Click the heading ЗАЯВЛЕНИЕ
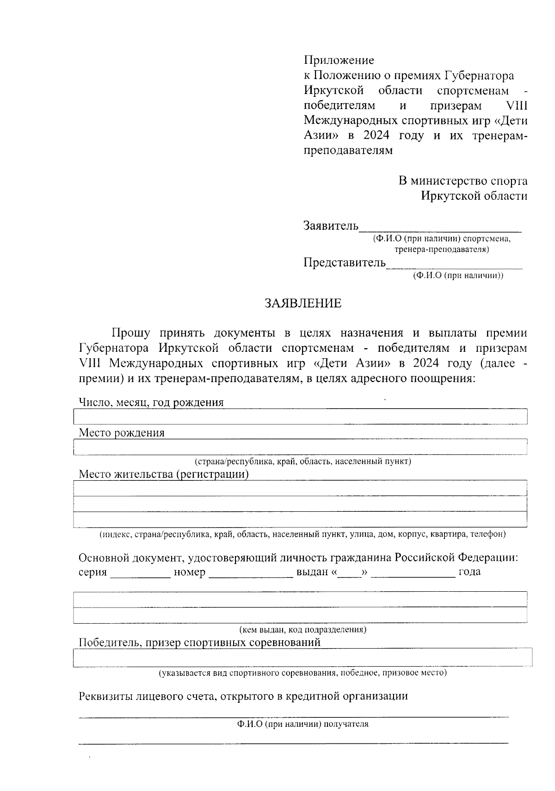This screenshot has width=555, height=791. click(x=303, y=303)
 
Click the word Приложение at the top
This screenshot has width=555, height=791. click(x=339, y=60)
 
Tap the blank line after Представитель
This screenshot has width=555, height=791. click(x=454, y=264)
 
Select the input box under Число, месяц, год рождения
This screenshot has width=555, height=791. click(x=301, y=417)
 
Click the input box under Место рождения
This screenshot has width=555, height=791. click(x=301, y=447)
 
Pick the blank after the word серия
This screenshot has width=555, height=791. click(x=140, y=573)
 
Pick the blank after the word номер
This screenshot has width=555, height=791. click(x=251, y=573)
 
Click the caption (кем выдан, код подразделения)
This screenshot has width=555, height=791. click(x=303, y=630)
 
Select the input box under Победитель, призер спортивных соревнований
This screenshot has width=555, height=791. click(x=303, y=657)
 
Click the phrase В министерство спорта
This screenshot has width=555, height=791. click(x=463, y=181)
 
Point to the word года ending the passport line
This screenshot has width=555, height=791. click(x=469, y=572)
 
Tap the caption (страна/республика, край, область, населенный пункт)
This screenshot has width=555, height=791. click(x=303, y=461)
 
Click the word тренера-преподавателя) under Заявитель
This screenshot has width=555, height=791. click(x=442, y=250)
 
